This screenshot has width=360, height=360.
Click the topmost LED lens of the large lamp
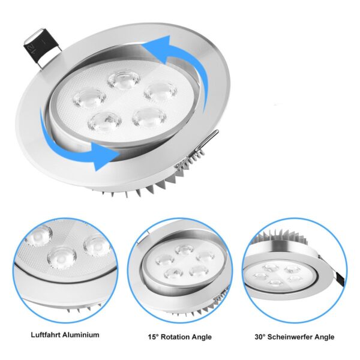pos(124,79)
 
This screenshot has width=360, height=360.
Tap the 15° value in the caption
pos(154,337)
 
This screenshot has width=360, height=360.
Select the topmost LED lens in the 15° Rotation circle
pos(184,248)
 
